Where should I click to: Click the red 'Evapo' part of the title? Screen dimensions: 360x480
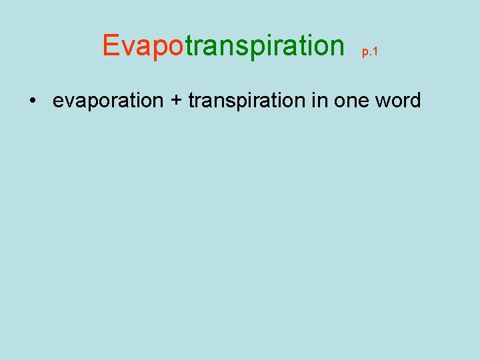[x=143, y=45]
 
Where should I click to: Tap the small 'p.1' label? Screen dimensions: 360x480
[x=370, y=52]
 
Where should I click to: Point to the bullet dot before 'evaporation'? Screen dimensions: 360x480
[x=32, y=101]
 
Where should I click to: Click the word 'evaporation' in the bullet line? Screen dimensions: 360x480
[x=108, y=101]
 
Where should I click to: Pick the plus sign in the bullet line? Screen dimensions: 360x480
[x=176, y=101]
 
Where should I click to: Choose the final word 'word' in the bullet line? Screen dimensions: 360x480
[x=397, y=101]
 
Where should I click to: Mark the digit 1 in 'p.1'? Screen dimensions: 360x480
[x=375, y=52]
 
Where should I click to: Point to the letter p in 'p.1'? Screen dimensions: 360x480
[x=365, y=53]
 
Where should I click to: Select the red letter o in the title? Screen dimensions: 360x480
[x=175, y=47]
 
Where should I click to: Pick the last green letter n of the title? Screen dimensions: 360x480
[x=335, y=47]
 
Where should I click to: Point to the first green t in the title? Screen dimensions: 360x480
[x=189, y=45]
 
